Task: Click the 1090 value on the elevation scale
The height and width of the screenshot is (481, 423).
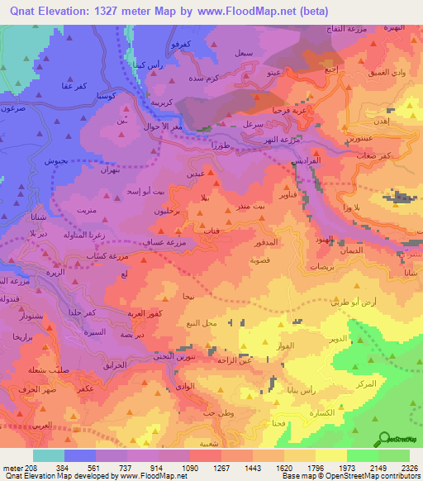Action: click(x=189, y=467)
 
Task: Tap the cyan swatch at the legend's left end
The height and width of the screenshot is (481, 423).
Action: click(x=49, y=455)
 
